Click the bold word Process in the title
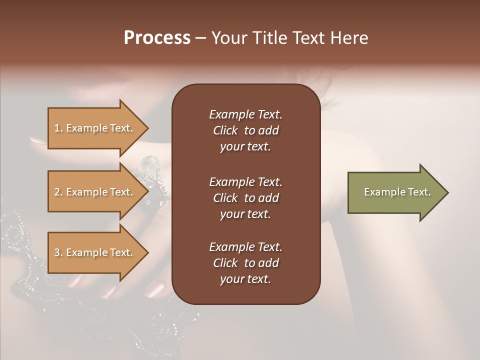pos(157,38)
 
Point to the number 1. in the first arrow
pos(58,128)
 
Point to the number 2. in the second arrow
pos(58,192)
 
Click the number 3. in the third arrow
pos(58,252)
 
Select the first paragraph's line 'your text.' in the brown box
pos(245,147)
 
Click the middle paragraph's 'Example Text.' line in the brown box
pos(245,181)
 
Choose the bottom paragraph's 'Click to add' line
pos(245,263)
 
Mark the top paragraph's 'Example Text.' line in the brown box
pos(245,114)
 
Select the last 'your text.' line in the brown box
pos(245,279)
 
